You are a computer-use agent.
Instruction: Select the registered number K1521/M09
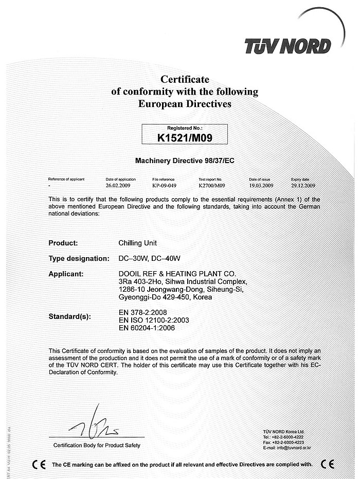(x=185, y=137)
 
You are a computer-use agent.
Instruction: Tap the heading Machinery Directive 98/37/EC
(x=185, y=161)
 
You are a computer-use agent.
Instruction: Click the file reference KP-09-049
(x=165, y=185)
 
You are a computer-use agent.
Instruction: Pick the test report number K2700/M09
(x=212, y=185)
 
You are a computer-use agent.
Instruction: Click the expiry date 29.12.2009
(x=303, y=185)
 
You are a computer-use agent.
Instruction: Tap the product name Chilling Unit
(x=137, y=243)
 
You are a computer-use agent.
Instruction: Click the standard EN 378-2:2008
(x=142, y=312)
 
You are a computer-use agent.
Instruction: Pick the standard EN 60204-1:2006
(x=147, y=328)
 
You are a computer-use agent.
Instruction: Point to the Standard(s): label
(x=70, y=316)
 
